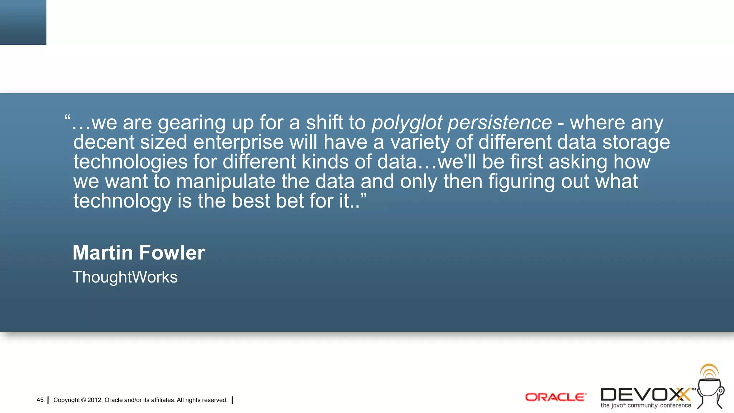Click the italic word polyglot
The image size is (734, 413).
click(407, 123)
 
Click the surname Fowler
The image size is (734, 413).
click(172, 252)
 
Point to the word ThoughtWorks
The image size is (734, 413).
click(125, 277)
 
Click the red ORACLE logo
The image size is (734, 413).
click(556, 397)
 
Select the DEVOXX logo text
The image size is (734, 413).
click(645, 395)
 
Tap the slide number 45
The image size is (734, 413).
click(40, 400)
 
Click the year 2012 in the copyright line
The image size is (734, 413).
click(95, 400)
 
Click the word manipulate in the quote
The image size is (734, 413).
click(226, 181)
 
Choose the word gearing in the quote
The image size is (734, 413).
click(192, 123)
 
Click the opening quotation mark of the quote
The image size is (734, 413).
click(67, 118)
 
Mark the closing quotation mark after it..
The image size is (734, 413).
click(363, 196)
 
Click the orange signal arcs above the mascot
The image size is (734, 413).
click(709, 371)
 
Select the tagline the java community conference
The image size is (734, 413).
click(645, 405)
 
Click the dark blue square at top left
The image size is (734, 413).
click(23, 22)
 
